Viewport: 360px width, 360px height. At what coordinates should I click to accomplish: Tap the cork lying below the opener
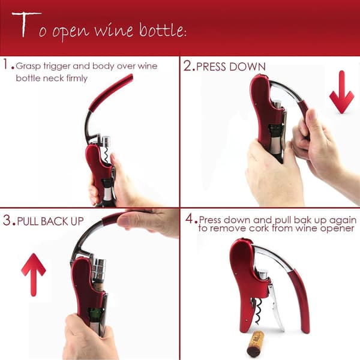tap(256, 343)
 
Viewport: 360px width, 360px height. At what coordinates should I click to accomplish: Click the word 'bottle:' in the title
tap(163, 30)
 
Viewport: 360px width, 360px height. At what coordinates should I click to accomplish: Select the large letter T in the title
tap(26, 25)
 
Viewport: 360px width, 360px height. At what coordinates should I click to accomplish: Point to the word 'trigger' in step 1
tap(56, 67)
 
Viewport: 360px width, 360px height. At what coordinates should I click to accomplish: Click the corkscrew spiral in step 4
tap(259, 311)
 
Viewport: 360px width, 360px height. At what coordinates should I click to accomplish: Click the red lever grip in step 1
tap(111, 92)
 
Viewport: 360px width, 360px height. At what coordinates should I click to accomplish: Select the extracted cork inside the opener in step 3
tap(98, 287)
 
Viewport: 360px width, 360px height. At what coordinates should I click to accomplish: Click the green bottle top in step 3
tap(95, 314)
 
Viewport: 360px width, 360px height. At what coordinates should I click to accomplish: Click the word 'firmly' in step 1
tap(77, 78)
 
